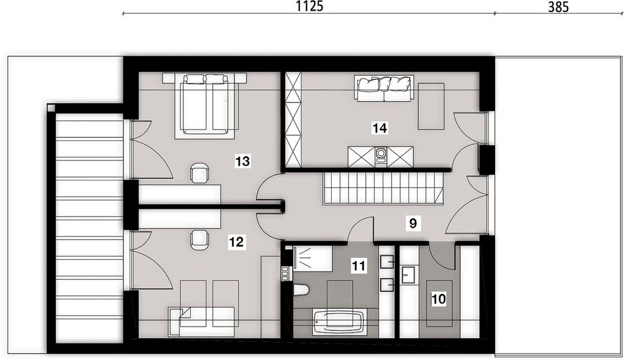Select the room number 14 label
379,127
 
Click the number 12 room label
236,242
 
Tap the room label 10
439,296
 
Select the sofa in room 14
384,89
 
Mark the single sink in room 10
410,275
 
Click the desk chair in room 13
200,173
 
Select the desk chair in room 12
200,239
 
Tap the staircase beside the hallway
383,188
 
